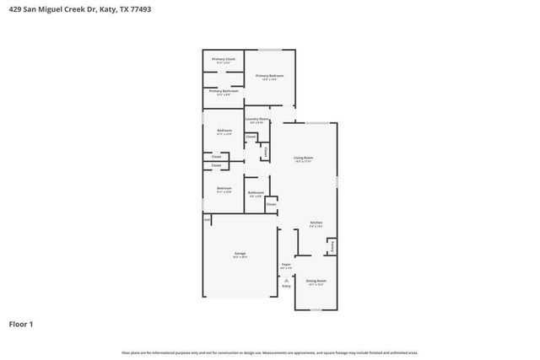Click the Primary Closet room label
224,59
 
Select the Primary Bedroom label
270,76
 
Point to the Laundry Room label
257,120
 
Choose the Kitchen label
316,223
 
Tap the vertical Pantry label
332,246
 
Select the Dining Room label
316,281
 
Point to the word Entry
286,287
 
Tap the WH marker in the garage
206,219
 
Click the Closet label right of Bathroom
271,204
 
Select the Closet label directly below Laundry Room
251,136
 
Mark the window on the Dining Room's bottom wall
316,309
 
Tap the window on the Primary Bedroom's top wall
270,51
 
